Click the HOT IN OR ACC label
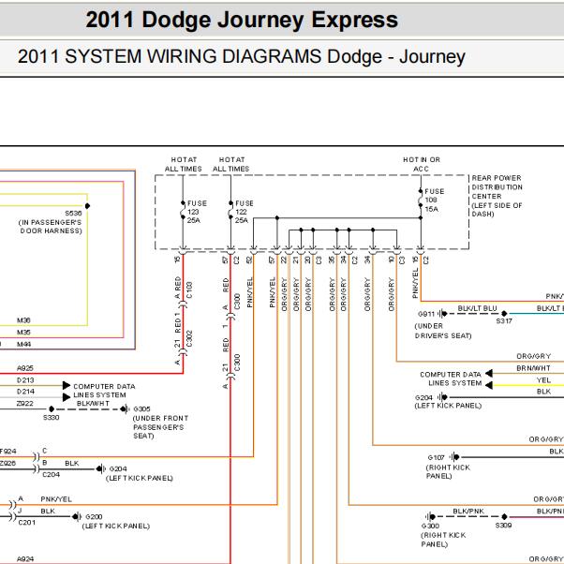422,164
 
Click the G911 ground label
426,314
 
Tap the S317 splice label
504,321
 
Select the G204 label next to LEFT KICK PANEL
424,397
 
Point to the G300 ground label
431,527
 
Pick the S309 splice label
504,527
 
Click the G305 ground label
142,409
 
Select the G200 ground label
94,517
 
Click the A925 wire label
25,368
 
